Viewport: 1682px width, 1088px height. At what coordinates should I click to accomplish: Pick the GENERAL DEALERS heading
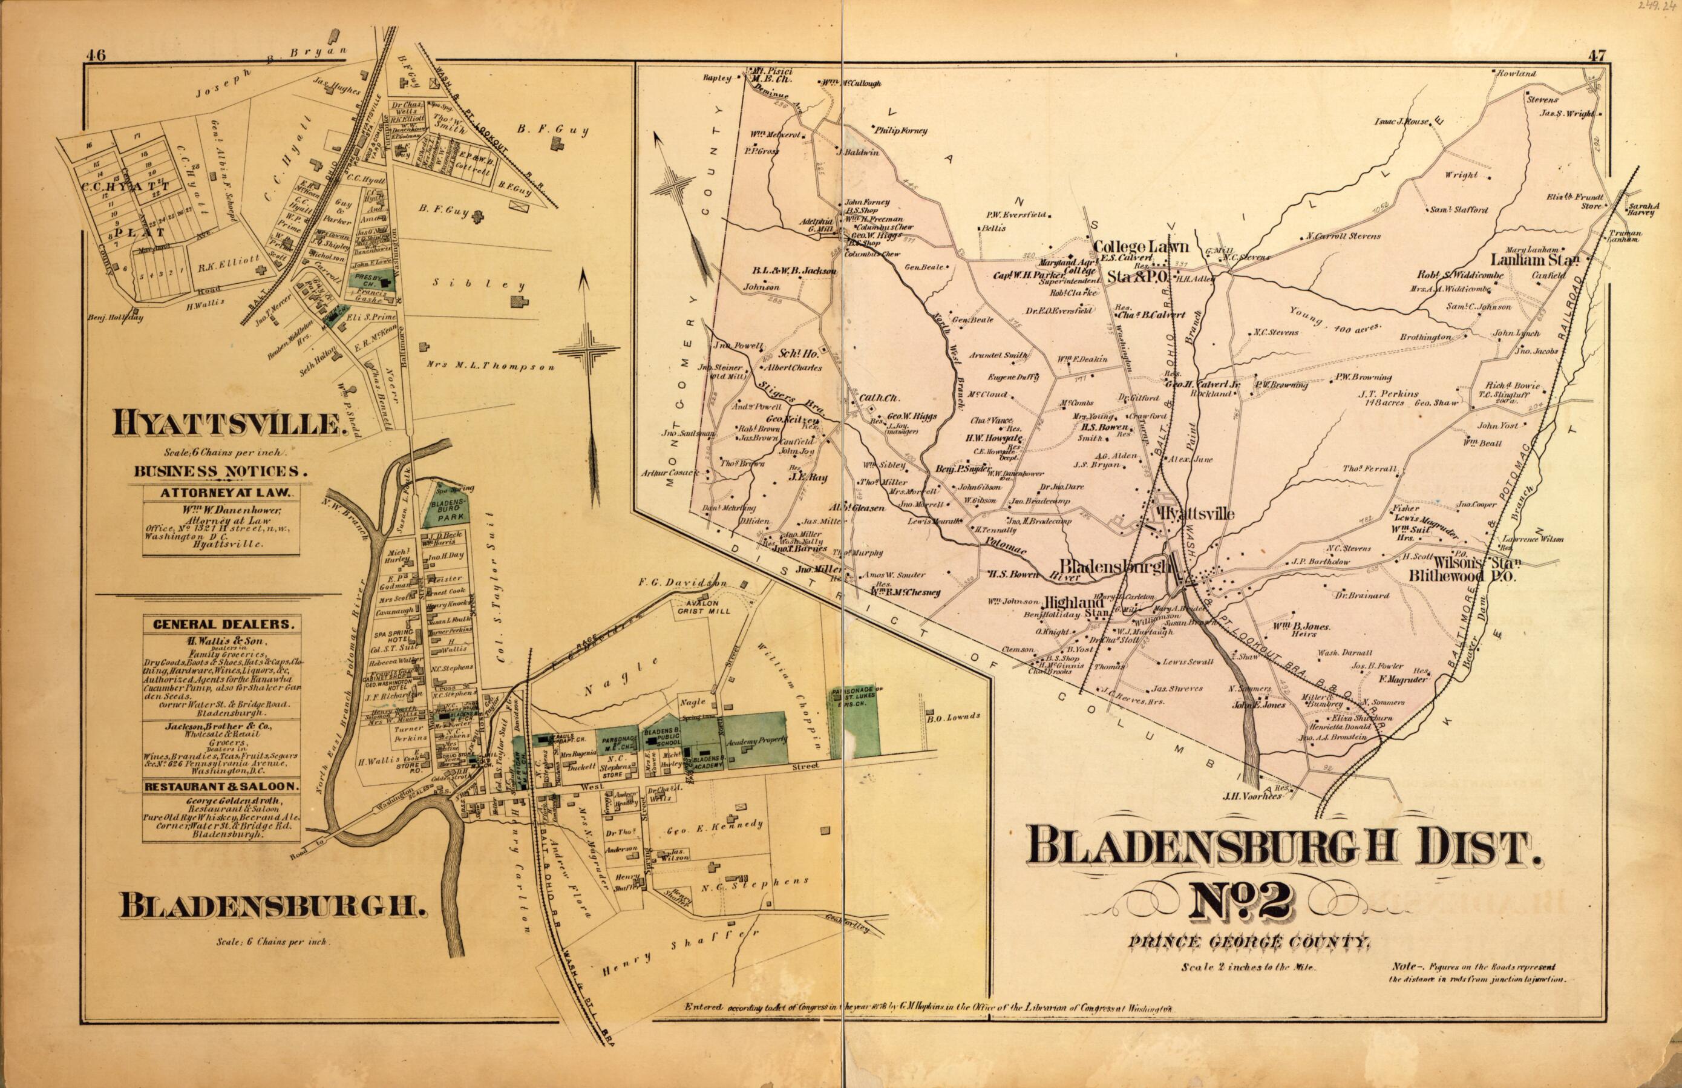click(221, 624)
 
